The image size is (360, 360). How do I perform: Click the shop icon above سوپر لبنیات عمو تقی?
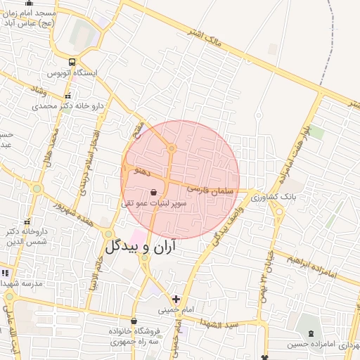(154, 191)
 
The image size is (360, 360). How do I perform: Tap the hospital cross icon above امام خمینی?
(175, 298)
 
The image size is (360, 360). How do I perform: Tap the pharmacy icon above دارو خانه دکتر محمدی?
(67, 96)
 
